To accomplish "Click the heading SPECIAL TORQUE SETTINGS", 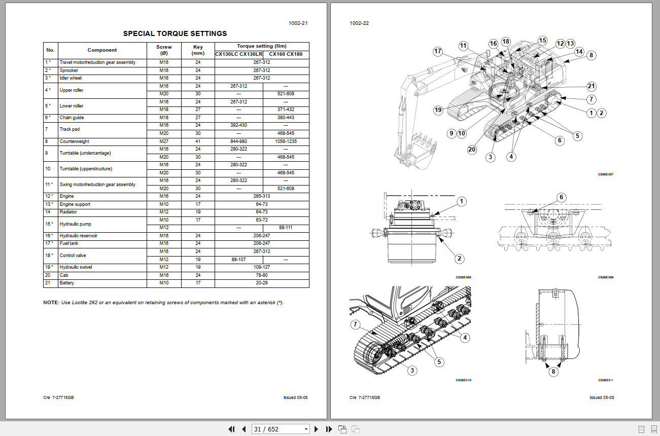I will click(x=175, y=34).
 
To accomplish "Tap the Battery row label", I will click(x=67, y=283).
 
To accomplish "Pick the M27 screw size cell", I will click(x=164, y=141).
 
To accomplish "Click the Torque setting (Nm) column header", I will click(x=262, y=46).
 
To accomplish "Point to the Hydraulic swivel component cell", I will click(x=76, y=267).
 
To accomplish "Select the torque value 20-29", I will click(x=262, y=283).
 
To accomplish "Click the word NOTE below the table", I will click(x=51, y=303).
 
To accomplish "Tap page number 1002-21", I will click(x=298, y=23).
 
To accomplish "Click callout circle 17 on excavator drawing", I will click(x=438, y=51).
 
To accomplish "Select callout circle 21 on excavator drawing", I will click(x=591, y=86).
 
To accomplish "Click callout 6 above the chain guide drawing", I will click(x=561, y=197).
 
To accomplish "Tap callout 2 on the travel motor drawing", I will click(x=460, y=259).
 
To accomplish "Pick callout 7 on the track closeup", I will click(x=355, y=324).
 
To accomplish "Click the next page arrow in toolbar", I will click(x=317, y=429).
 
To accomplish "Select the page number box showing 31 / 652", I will click(x=281, y=429).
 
